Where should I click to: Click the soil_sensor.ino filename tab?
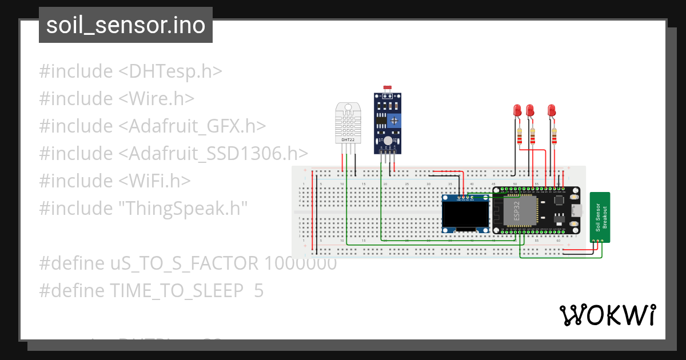click(125, 26)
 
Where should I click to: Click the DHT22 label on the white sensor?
click(348, 139)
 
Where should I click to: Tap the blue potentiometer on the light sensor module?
click(392, 121)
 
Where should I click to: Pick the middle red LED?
click(531, 110)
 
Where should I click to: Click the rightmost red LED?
click(552, 110)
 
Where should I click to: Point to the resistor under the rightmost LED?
click(554, 137)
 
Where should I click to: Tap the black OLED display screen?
click(465, 215)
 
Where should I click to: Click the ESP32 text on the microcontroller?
click(517, 211)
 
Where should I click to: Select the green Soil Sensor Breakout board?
click(600, 217)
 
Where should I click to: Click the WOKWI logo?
click(607, 315)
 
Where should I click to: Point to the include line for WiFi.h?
click(114, 181)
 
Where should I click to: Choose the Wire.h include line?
click(117, 99)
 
